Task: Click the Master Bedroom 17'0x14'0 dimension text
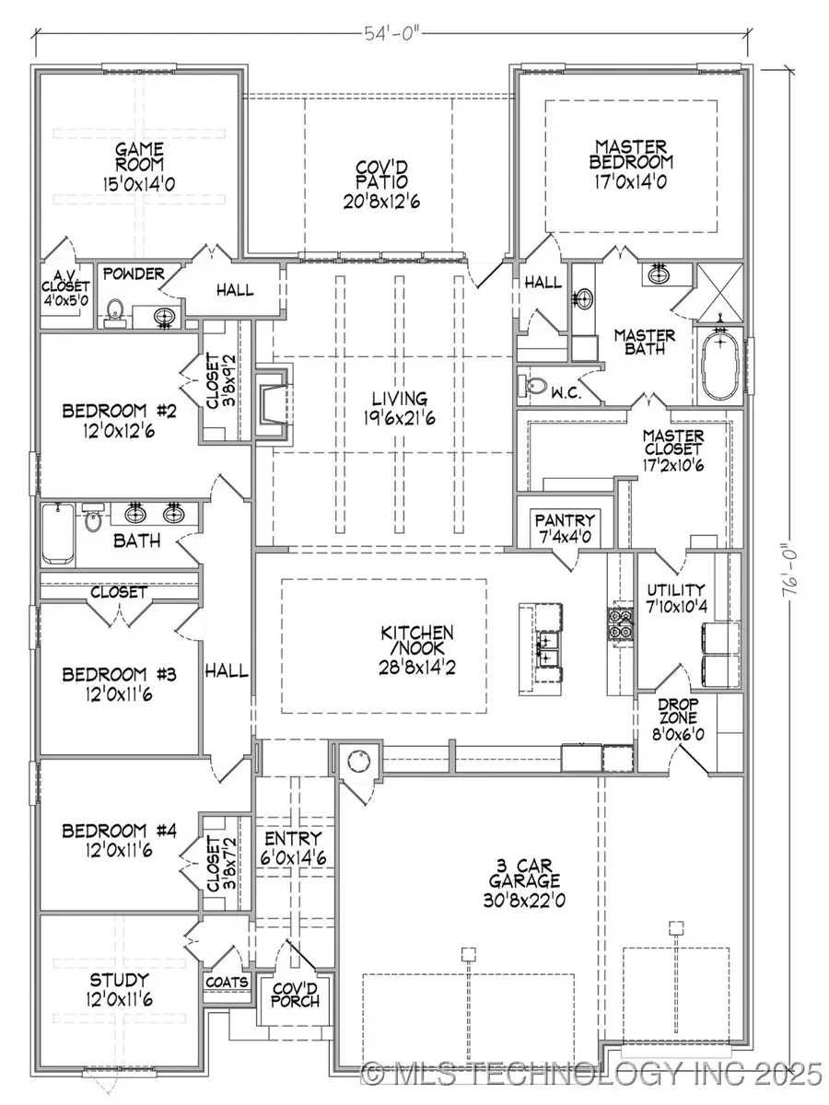click(x=631, y=181)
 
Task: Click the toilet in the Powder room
click(x=115, y=311)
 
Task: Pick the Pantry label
click(x=567, y=520)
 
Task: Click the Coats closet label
click(x=227, y=982)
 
